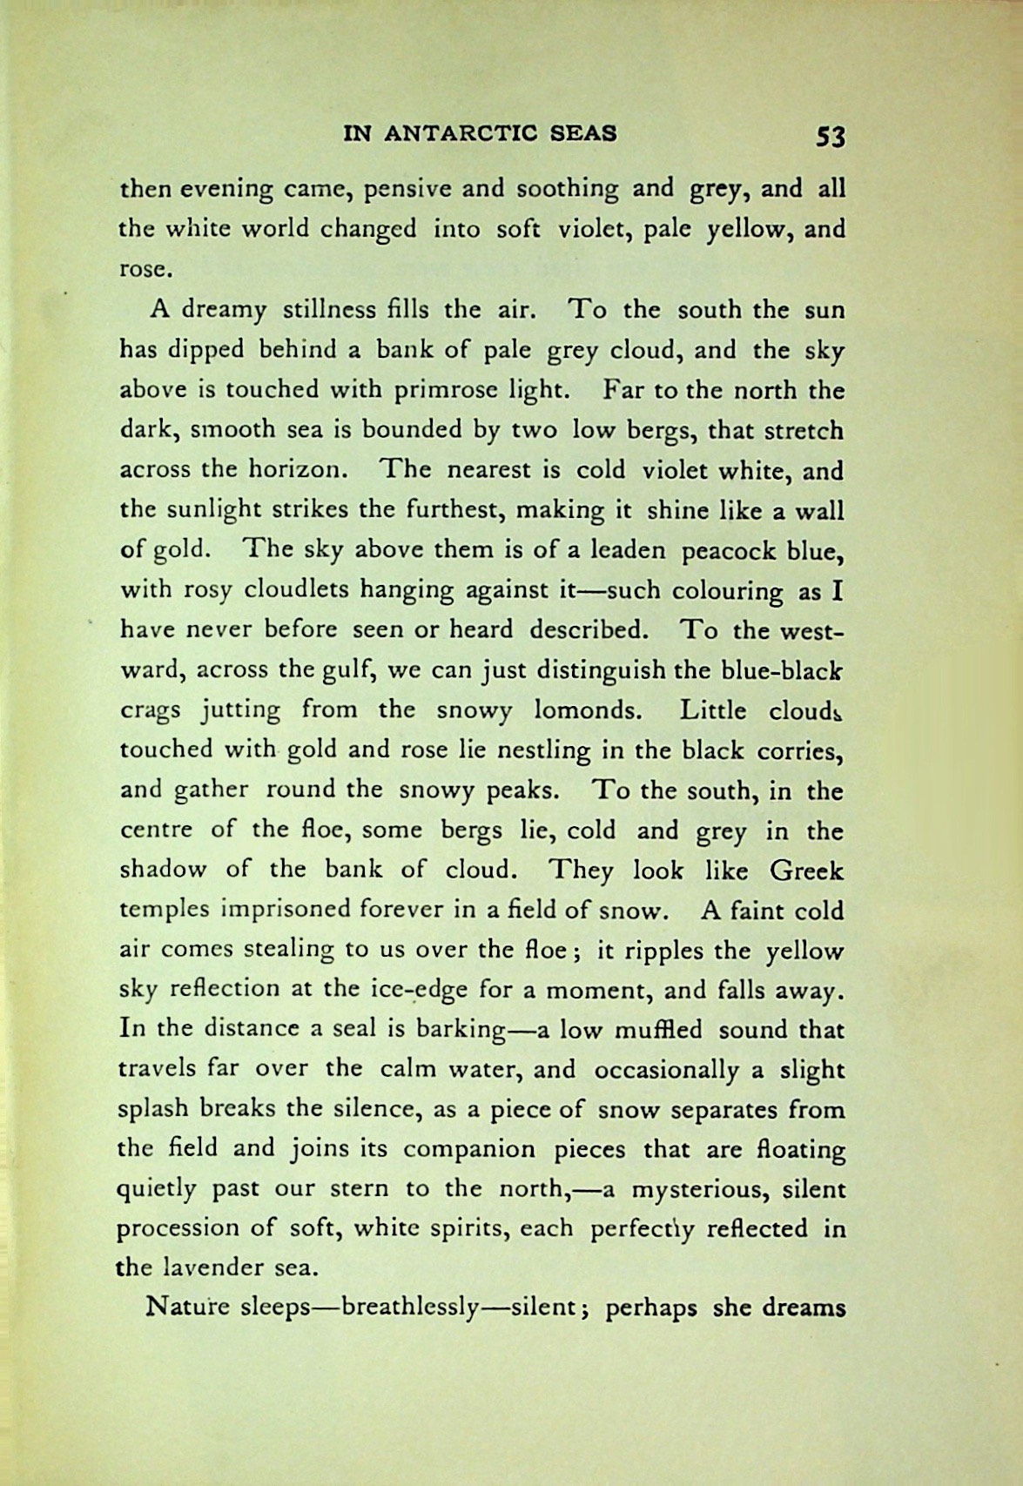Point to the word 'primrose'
pyautogui.click(x=448, y=391)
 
